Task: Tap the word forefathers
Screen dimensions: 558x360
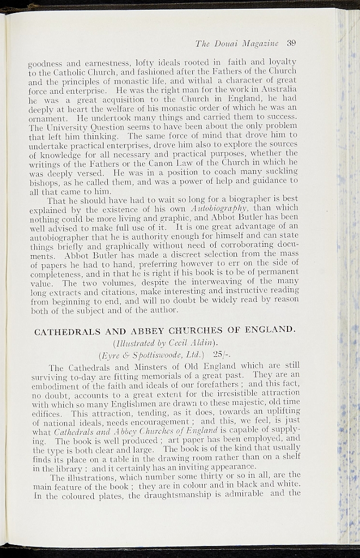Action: tap(208, 386)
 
